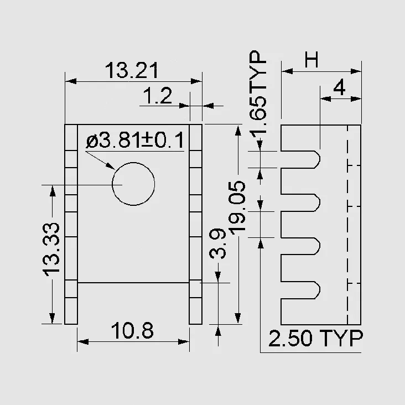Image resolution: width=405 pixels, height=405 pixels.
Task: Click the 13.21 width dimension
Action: [132, 70]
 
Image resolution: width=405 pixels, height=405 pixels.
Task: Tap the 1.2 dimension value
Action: [157, 96]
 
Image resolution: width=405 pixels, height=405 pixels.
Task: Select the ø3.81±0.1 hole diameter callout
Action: [135, 140]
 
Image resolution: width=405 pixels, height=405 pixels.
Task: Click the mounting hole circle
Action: [133, 163]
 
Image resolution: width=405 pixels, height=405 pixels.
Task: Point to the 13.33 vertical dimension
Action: [51, 250]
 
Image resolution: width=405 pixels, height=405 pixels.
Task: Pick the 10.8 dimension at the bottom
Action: [132, 330]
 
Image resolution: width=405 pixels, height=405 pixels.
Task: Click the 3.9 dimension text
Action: [217, 243]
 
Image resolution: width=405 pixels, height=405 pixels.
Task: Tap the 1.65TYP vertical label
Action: [258, 92]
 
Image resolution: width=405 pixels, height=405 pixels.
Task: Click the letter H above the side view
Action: [311, 59]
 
